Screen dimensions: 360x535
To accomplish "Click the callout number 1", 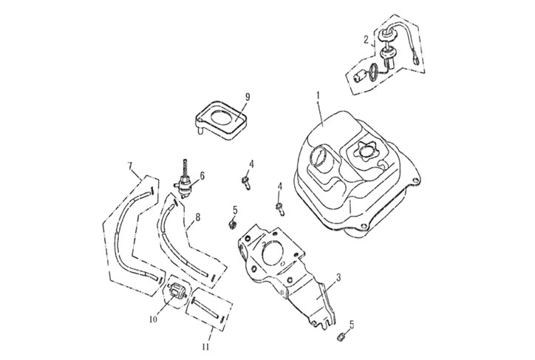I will (318, 96).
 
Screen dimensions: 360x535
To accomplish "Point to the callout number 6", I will (202, 175).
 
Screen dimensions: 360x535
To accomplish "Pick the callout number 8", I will (197, 220).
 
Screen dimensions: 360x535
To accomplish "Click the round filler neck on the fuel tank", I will (324, 158).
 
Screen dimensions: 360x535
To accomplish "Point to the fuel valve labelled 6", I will (185, 181).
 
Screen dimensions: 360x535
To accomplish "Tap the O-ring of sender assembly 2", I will (375, 71).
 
